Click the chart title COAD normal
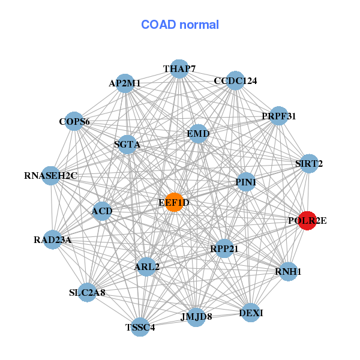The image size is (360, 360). point(180,25)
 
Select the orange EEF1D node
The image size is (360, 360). point(174,202)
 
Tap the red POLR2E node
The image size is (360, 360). point(307,221)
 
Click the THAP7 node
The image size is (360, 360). point(179,69)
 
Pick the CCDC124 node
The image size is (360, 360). point(235,81)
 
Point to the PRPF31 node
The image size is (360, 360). point(278,116)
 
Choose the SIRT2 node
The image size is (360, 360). point(308,163)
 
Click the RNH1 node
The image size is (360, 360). point(289,272)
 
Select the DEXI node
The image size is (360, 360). point(250,313)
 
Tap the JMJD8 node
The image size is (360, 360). point(196,317)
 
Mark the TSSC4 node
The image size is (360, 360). point(140,327)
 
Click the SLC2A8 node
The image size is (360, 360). point(88,293)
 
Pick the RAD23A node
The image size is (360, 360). point(53,240)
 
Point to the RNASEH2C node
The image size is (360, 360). point(51,176)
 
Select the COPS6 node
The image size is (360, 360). point(74,122)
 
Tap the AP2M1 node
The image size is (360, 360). point(124,83)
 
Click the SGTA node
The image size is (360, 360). point(127,145)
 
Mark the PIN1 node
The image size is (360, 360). point(246,182)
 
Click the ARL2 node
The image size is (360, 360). point(146,266)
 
